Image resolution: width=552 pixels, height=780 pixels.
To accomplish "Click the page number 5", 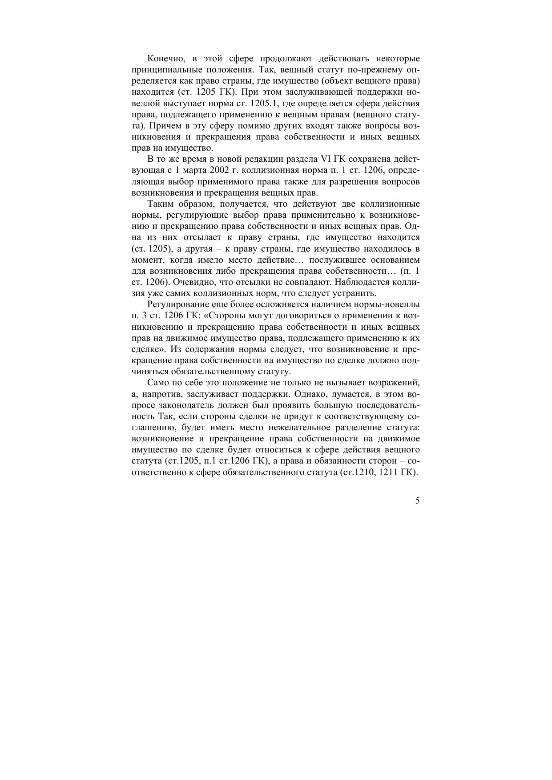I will click(x=417, y=501).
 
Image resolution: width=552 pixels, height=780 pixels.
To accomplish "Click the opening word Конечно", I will click(x=164, y=59).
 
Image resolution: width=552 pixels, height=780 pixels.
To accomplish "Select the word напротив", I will click(x=161, y=394).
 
